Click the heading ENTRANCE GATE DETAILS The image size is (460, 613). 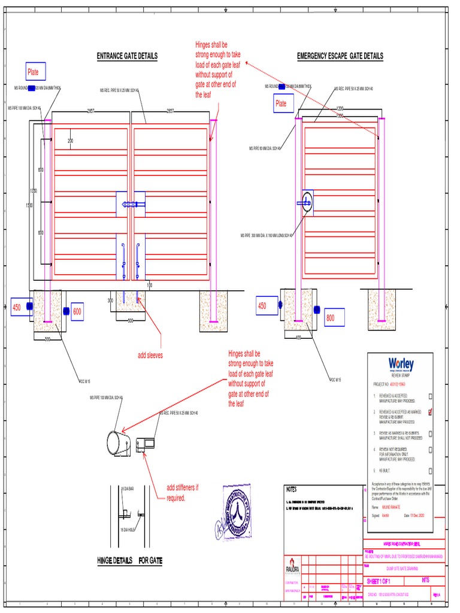(x=127, y=56)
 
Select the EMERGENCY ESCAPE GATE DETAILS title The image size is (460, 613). (x=340, y=56)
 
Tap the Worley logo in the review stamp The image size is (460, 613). (x=401, y=364)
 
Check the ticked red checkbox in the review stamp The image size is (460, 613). (x=430, y=412)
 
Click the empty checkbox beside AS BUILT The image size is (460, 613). (x=430, y=471)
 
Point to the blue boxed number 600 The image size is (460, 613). (x=77, y=312)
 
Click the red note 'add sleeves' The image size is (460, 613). (x=150, y=356)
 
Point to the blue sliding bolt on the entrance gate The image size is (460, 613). (x=131, y=205)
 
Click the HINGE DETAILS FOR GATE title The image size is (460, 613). (x=129, y=561)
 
